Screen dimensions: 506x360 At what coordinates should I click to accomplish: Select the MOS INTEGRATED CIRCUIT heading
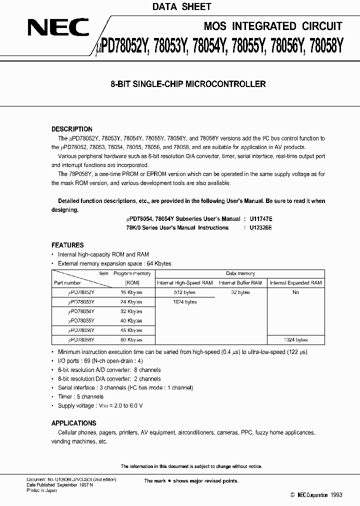click(x=273, y=26)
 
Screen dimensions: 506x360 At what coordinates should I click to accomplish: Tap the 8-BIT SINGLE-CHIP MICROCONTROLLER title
click(x=187, y=84)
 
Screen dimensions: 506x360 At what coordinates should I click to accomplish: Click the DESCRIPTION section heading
click(x=72, y=129)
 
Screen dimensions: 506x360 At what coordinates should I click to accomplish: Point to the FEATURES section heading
click(x=67, y=245)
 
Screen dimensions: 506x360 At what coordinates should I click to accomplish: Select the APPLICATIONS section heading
click(x=74, y=423)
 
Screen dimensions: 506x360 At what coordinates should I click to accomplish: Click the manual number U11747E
click(x=259, y=219)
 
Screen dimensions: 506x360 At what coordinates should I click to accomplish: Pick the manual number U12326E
click(x=259, y=227)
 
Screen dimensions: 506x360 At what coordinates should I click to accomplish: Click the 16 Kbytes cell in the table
click(x=131, y=292)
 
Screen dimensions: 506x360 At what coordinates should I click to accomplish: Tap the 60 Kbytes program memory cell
click(x=131, y=340)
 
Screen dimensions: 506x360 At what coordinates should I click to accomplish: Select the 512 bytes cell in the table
click(x=185, y=292)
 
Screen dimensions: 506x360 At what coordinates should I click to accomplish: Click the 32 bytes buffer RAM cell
click(x=240, y=292)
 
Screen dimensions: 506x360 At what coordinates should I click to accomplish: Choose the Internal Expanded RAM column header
click(x=295, y=283)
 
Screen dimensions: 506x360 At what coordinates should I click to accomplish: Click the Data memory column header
click(x=240, y=273)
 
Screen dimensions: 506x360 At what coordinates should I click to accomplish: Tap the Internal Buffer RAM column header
click(x=240, y=283)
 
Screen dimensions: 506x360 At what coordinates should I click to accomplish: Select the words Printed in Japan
click(x=41, y=490)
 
